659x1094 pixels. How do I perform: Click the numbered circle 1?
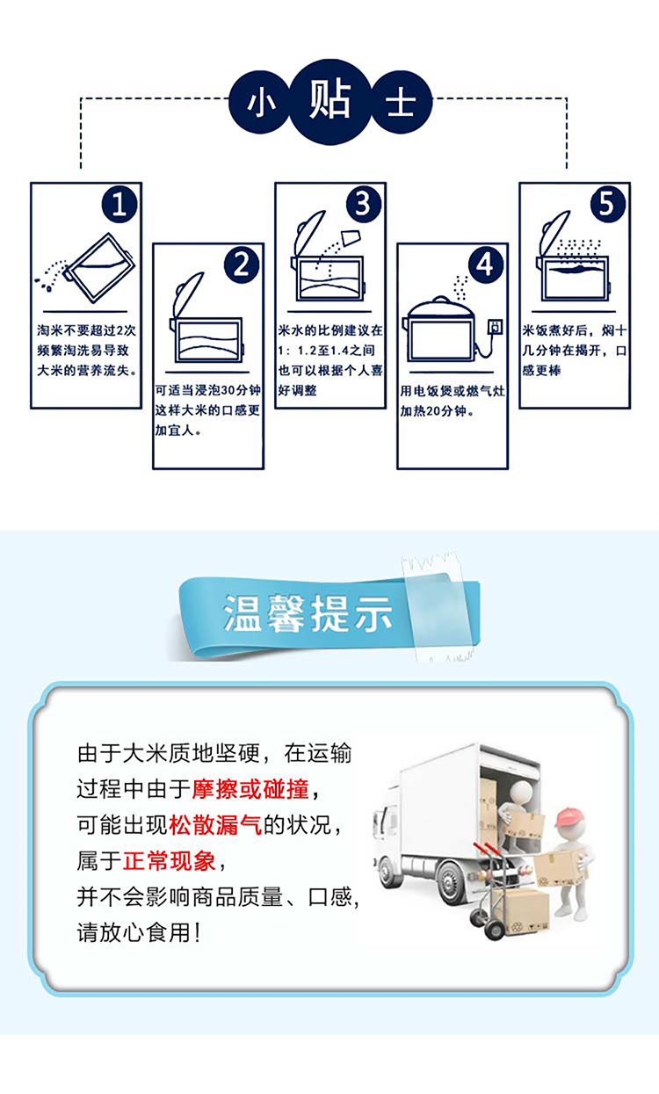click(x=119, y=205)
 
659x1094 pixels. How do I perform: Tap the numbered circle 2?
click(x=242, y=265)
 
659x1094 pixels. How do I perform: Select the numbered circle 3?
click(x=364, y=205)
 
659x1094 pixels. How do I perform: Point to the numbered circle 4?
click(x=486, y=265)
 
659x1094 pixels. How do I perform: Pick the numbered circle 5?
click(x=608, y=205)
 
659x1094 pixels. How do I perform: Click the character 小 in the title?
click(x=259, y=104)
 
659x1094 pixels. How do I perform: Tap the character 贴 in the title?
click(x=330, y=100)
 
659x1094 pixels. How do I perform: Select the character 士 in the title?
click(x=401, y=103)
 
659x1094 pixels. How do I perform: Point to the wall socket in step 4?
click(x=496, y=326)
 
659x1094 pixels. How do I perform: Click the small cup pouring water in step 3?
click(x=351, y=237)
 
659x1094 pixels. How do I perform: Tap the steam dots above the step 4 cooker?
click(x=460, y=288)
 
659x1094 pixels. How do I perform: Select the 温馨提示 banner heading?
click(x=308, y=614)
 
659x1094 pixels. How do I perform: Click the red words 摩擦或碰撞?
click(x=250, y=789)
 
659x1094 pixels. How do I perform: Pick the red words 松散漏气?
click(x=215, y=825)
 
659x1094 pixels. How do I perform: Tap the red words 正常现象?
click(x=169, y=860)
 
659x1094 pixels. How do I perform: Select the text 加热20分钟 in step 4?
click(x=433, y=411)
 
